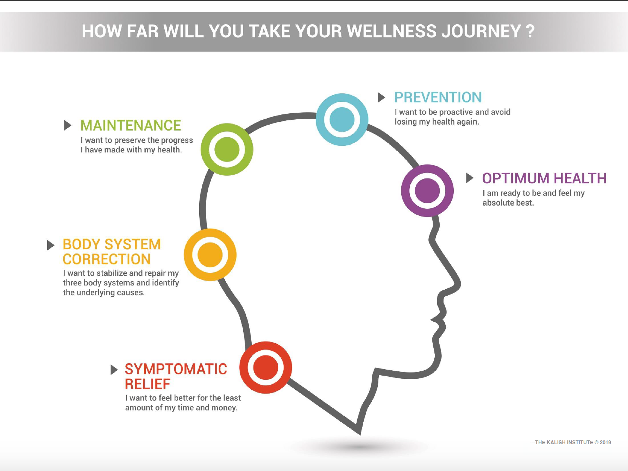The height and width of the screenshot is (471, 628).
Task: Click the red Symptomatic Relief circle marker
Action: (x=265, y=368)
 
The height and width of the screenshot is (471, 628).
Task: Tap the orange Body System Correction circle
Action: (x=210, y=255)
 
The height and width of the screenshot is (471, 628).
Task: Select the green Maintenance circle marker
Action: (x=227, y=149)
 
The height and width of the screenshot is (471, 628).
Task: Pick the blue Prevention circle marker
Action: (x=342, y=119)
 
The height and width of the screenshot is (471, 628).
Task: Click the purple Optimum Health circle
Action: (x=427, y=190)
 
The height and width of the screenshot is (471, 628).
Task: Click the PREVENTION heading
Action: (x=438, y=97)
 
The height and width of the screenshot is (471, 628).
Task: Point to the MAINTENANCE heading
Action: (x=130, y=125)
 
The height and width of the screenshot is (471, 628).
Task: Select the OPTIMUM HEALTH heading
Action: (x=544, y=178)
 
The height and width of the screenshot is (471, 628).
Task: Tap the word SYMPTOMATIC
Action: (x=176, y=369)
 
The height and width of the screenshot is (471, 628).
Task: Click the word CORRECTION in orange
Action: (x=106, y=259)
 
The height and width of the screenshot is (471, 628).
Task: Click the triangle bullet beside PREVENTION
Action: (x=381, y=97)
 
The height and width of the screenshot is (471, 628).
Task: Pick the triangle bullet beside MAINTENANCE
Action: (x=67, y=125)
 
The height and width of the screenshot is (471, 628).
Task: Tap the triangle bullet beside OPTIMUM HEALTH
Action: (x=469, y=178)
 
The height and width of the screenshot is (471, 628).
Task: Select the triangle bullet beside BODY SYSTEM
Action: (x=50, y=245)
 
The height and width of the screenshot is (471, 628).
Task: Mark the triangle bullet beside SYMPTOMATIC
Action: (x=114, y=370)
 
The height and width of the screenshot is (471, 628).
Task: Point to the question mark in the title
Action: (x=530, y=31)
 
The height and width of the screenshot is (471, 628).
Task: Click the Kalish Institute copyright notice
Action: (x=573, y=442)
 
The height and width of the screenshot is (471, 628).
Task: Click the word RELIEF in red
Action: (x=147, y=384)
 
